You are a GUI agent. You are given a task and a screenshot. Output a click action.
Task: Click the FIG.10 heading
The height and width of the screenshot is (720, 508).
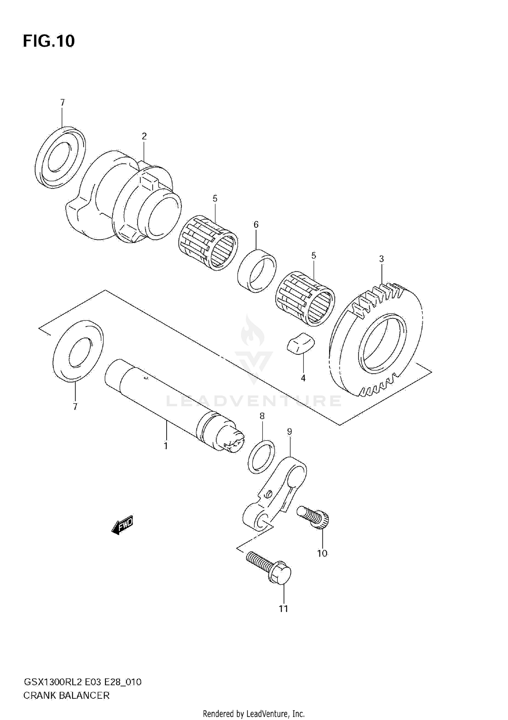(x=49, y=41)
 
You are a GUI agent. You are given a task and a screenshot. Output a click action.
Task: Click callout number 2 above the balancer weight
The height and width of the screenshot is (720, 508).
(x=144, y=136)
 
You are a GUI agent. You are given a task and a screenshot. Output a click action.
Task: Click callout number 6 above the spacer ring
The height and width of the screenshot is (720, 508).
(x=256, y=224)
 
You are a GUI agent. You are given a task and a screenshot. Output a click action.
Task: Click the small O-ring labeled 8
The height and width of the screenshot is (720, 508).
(x=261, y=457)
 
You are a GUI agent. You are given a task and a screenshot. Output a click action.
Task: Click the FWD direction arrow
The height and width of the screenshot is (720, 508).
(x=123, y=526)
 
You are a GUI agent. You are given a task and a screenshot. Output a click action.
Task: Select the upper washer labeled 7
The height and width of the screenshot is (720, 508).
(x=60, y=157)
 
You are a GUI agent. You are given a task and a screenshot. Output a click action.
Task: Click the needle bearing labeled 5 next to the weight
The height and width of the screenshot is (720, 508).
(x=208, y=242)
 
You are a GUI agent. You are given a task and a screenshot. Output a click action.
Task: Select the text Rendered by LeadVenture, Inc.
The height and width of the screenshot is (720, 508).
(x=254, y=714)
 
